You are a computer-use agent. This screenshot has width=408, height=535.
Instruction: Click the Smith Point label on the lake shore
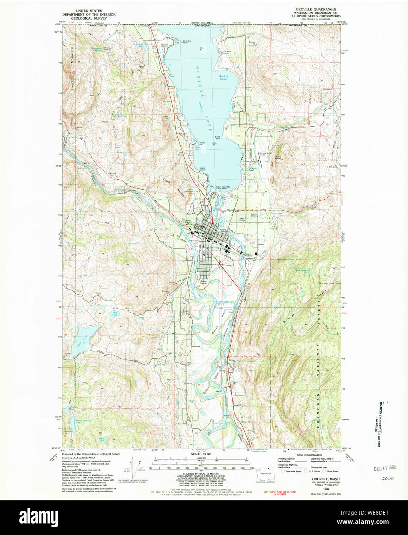coord(218,137)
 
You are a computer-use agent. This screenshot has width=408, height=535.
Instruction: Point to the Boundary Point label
coord(187,41)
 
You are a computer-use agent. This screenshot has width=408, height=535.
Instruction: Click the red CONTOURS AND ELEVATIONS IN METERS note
coord(280,493)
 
